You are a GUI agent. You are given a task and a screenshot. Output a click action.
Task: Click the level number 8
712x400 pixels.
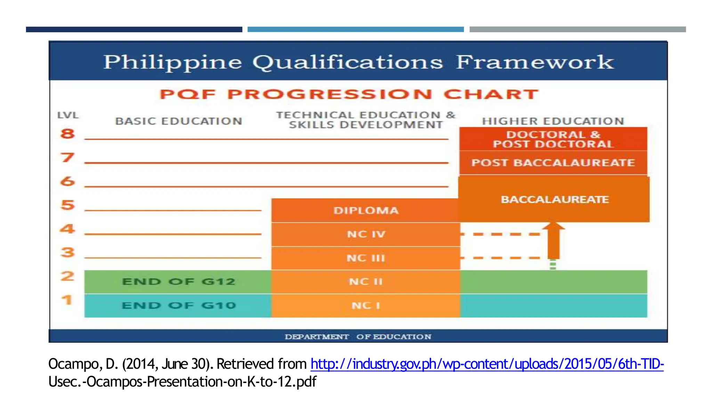[x=67, y=134]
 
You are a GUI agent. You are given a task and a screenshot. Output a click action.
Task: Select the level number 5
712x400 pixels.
[x=68, y=205]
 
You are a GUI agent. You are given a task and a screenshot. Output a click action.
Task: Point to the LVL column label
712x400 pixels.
[x=68, y=115]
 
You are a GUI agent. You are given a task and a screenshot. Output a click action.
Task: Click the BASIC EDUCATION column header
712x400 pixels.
[x=179, y=121]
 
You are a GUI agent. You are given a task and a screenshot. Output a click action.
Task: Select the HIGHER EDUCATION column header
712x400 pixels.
[x=553, y=121]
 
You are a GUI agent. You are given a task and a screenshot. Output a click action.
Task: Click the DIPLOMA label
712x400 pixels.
[x=366, y=210]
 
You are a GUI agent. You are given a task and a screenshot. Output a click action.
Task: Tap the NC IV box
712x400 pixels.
[x=366, y=234]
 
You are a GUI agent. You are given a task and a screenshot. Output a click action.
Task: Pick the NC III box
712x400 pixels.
[x=366, y=258]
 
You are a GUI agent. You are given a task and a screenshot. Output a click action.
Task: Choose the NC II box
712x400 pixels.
[x=366, y=282]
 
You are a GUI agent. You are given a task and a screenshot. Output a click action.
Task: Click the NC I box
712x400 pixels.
[x=366, y=306]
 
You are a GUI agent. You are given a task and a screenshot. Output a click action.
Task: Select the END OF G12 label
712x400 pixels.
[x=179, y=282]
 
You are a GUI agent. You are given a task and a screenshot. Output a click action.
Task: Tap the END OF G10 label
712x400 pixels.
[x=179, y=306]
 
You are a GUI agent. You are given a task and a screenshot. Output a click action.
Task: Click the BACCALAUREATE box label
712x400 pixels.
[x=555, y=200]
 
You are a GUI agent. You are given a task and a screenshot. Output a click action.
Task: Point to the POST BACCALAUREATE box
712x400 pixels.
[x=553, y=163]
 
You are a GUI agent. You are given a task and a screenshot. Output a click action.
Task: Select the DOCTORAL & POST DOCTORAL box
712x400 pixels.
[x=553, y=139]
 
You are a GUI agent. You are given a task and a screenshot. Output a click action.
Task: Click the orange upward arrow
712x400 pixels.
[x=553, y=241]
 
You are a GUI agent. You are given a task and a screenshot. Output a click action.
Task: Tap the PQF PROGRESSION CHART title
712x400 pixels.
[x=349, y=94]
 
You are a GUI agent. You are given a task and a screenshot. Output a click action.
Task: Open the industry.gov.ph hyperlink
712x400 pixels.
[x=487, y=364]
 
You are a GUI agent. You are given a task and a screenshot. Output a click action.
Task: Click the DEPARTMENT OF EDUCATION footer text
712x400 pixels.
[x=358, y=336]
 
